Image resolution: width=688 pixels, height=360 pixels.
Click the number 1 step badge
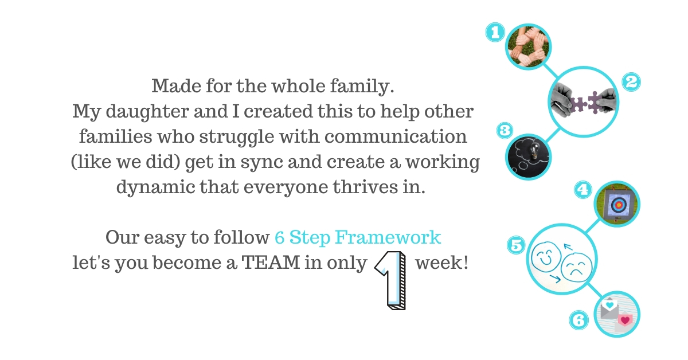click(x=495, y=32)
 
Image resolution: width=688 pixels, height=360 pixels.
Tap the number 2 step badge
click(x=631, y=82)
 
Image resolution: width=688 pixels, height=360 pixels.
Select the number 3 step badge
click(x=505, y=131)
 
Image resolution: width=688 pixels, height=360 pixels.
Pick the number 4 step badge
click(x=583, y=190)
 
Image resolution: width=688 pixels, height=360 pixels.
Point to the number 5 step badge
click(x=516, y=245)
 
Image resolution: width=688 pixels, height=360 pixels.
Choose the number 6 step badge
click(x=578, y=320)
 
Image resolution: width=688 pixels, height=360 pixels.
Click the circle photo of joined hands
click(x=528, y=46)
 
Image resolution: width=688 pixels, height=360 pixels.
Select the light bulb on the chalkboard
click(x=535, y=151)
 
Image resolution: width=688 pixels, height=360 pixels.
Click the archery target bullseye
click(x=618, y=205)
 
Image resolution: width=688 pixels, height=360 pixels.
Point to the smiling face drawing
click(x=546, y=256)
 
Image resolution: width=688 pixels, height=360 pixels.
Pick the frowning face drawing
click(x=576, y=267)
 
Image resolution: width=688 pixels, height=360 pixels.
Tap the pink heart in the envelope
click(x=625, y=320)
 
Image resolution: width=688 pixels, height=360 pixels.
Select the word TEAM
click(x=271, y=263)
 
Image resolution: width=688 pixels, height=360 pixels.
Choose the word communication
click(x=396, y=136)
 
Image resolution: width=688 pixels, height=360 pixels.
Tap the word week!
click(x=441, y=263)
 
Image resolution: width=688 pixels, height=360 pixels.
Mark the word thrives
click(x=365, y=187)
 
